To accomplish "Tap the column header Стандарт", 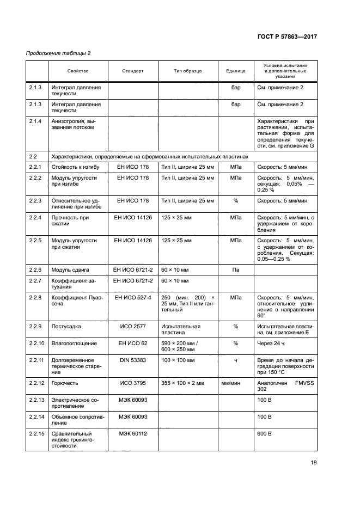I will [x=133, y=71].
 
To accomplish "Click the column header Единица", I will [x=236, y=71].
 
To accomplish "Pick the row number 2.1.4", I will [x=35, y=121].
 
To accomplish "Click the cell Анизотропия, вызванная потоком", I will [x=73, y=125].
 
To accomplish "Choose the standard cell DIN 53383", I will [x=133, y=360].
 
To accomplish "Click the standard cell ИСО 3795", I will [x=133, y=383].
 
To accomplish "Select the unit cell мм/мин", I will [x=236, y=383].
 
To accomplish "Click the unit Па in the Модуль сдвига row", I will [x=236, y=269].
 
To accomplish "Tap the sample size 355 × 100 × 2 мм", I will [x=183, y=383].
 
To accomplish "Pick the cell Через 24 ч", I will [x=272, y=344].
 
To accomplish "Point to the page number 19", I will [x=314, y=463].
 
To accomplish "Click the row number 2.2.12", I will [x=36, y=383].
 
